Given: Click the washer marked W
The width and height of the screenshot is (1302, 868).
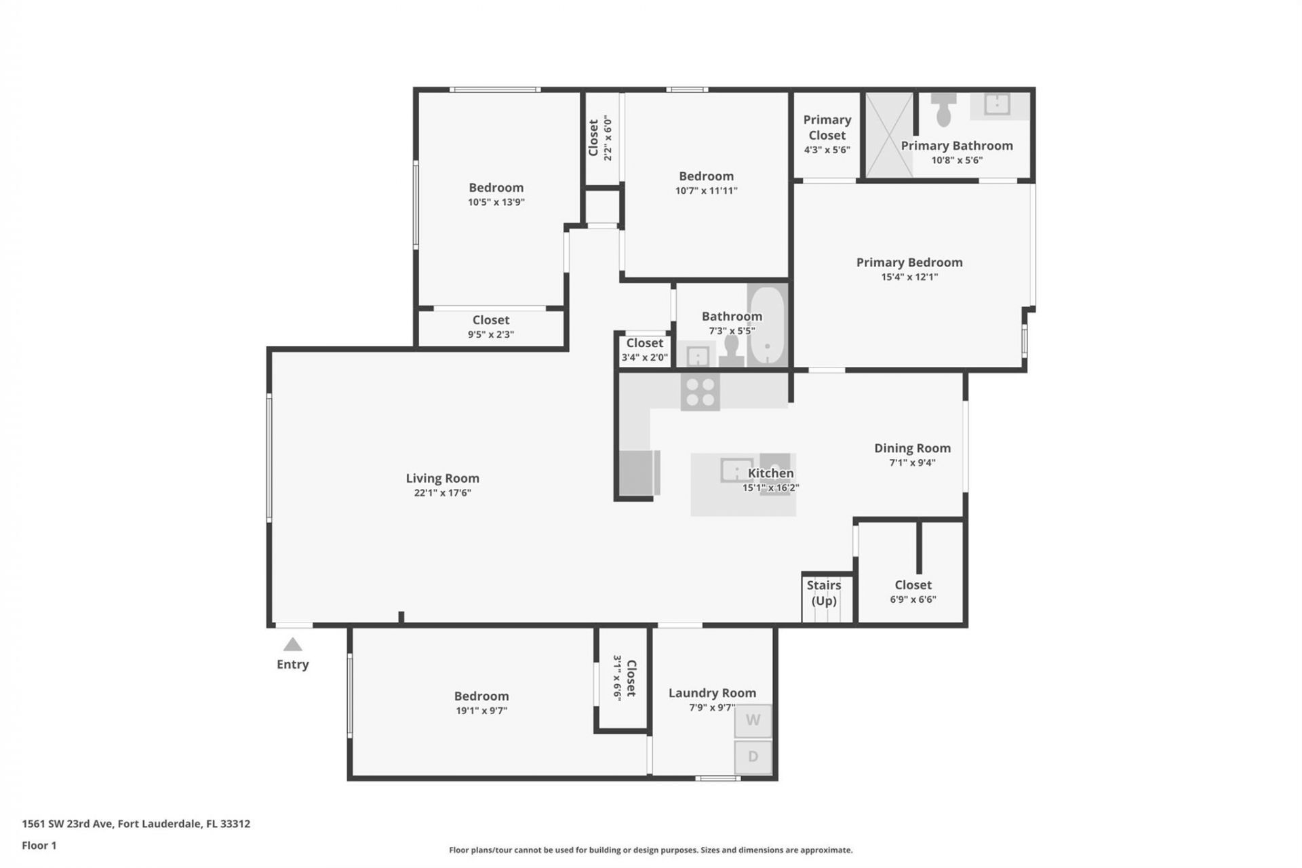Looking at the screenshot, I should [x=753, y=721].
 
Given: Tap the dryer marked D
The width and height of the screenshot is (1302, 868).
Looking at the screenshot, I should [x=753, y=757].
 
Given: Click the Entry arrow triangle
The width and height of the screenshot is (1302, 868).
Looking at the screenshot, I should [x=292, y=644].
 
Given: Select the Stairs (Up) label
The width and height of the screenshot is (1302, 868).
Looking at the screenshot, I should [x=824, y=593].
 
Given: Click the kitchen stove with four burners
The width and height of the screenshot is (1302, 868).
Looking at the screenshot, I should [x=700, y=392].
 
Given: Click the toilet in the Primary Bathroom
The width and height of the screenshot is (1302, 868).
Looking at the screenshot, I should [x=943, y=111].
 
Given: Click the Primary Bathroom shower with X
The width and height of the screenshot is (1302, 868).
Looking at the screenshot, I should [x=889, y=136].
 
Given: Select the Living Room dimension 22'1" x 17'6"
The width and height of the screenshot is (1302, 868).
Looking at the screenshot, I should [x=442, y=493].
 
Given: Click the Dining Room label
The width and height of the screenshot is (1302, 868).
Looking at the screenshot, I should [x=912, y=448].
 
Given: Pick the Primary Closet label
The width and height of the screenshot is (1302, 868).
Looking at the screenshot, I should [x=827, y=127].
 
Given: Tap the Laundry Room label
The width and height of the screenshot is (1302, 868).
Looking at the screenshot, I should [x=712, y=693].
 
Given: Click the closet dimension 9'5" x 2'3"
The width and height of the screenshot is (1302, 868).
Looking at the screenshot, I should [x=491, y=334].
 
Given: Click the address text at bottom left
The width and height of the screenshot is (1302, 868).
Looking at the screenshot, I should [x=136, y=824].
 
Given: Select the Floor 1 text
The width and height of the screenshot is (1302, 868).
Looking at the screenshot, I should [x=39, y=846].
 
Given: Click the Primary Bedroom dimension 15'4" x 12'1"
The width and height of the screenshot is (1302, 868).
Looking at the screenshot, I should [x=909, y=277].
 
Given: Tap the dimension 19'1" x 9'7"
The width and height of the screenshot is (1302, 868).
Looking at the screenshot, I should [x=481, y=711].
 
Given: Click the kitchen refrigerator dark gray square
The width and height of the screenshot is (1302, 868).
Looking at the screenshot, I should [x=636, y=473].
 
